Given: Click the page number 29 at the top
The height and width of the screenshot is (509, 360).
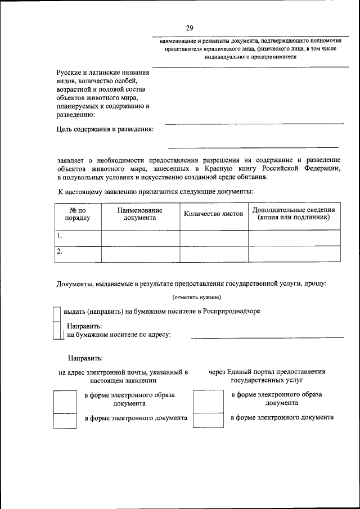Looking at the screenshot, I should [190, 28].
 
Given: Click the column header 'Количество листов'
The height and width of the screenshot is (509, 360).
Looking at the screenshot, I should [213, 214].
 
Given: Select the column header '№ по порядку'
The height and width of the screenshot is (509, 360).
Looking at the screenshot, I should [77, 214].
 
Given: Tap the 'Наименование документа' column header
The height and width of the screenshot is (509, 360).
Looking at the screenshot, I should [140, 214].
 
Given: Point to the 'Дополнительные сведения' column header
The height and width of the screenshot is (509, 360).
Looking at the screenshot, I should [294, 213].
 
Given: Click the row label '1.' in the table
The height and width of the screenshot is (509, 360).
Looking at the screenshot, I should [60, 236].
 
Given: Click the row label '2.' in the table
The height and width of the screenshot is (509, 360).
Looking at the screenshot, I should [60, 252].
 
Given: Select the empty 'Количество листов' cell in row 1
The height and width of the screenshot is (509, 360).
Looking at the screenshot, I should [214, 238].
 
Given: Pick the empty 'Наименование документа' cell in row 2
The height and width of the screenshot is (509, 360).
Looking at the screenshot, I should [140, 254].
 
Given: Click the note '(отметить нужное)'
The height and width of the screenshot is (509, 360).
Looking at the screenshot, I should [196, 297].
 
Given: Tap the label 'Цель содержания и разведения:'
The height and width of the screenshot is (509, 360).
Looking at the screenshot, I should [105, 129].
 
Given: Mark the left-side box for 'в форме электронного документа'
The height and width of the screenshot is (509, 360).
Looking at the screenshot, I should [64, 421].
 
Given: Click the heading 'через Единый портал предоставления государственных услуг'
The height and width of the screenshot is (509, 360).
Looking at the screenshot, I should [267, 376].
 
